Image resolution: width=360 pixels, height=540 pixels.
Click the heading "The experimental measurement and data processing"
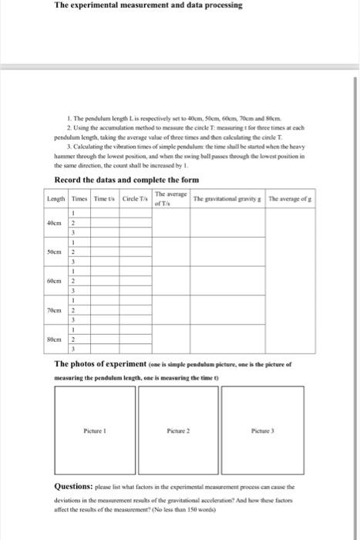[x=148, y=5]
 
